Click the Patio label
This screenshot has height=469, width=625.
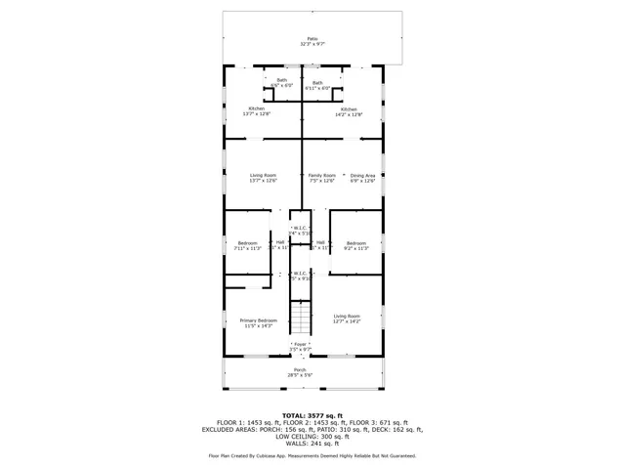[312, 40]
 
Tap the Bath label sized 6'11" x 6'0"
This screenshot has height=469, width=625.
[317, 85]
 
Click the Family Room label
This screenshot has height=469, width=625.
[322, 178]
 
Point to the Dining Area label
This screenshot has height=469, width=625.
[363, 178]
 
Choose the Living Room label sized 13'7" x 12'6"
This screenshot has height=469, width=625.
[263, 178]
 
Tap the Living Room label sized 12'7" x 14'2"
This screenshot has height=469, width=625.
[347, 318]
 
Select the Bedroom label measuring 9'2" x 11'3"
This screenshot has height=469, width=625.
[355, 245]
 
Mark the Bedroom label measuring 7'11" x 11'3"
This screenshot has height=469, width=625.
[248, 245]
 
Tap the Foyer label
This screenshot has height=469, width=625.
[301, 346]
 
